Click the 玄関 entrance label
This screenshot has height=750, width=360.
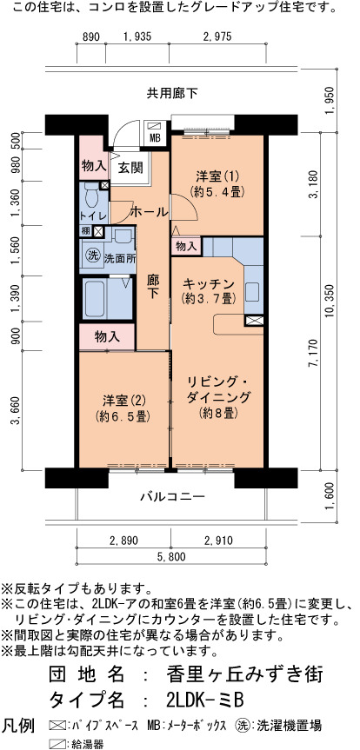130,168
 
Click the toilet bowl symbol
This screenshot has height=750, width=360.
90,196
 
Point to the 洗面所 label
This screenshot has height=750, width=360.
120,256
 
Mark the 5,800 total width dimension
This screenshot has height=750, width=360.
171,556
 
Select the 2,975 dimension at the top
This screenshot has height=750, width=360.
217,36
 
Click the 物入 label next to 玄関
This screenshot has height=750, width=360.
93,166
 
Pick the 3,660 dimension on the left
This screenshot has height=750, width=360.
17,410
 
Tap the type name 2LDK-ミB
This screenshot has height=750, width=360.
206,701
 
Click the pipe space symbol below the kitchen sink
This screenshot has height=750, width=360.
254,321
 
